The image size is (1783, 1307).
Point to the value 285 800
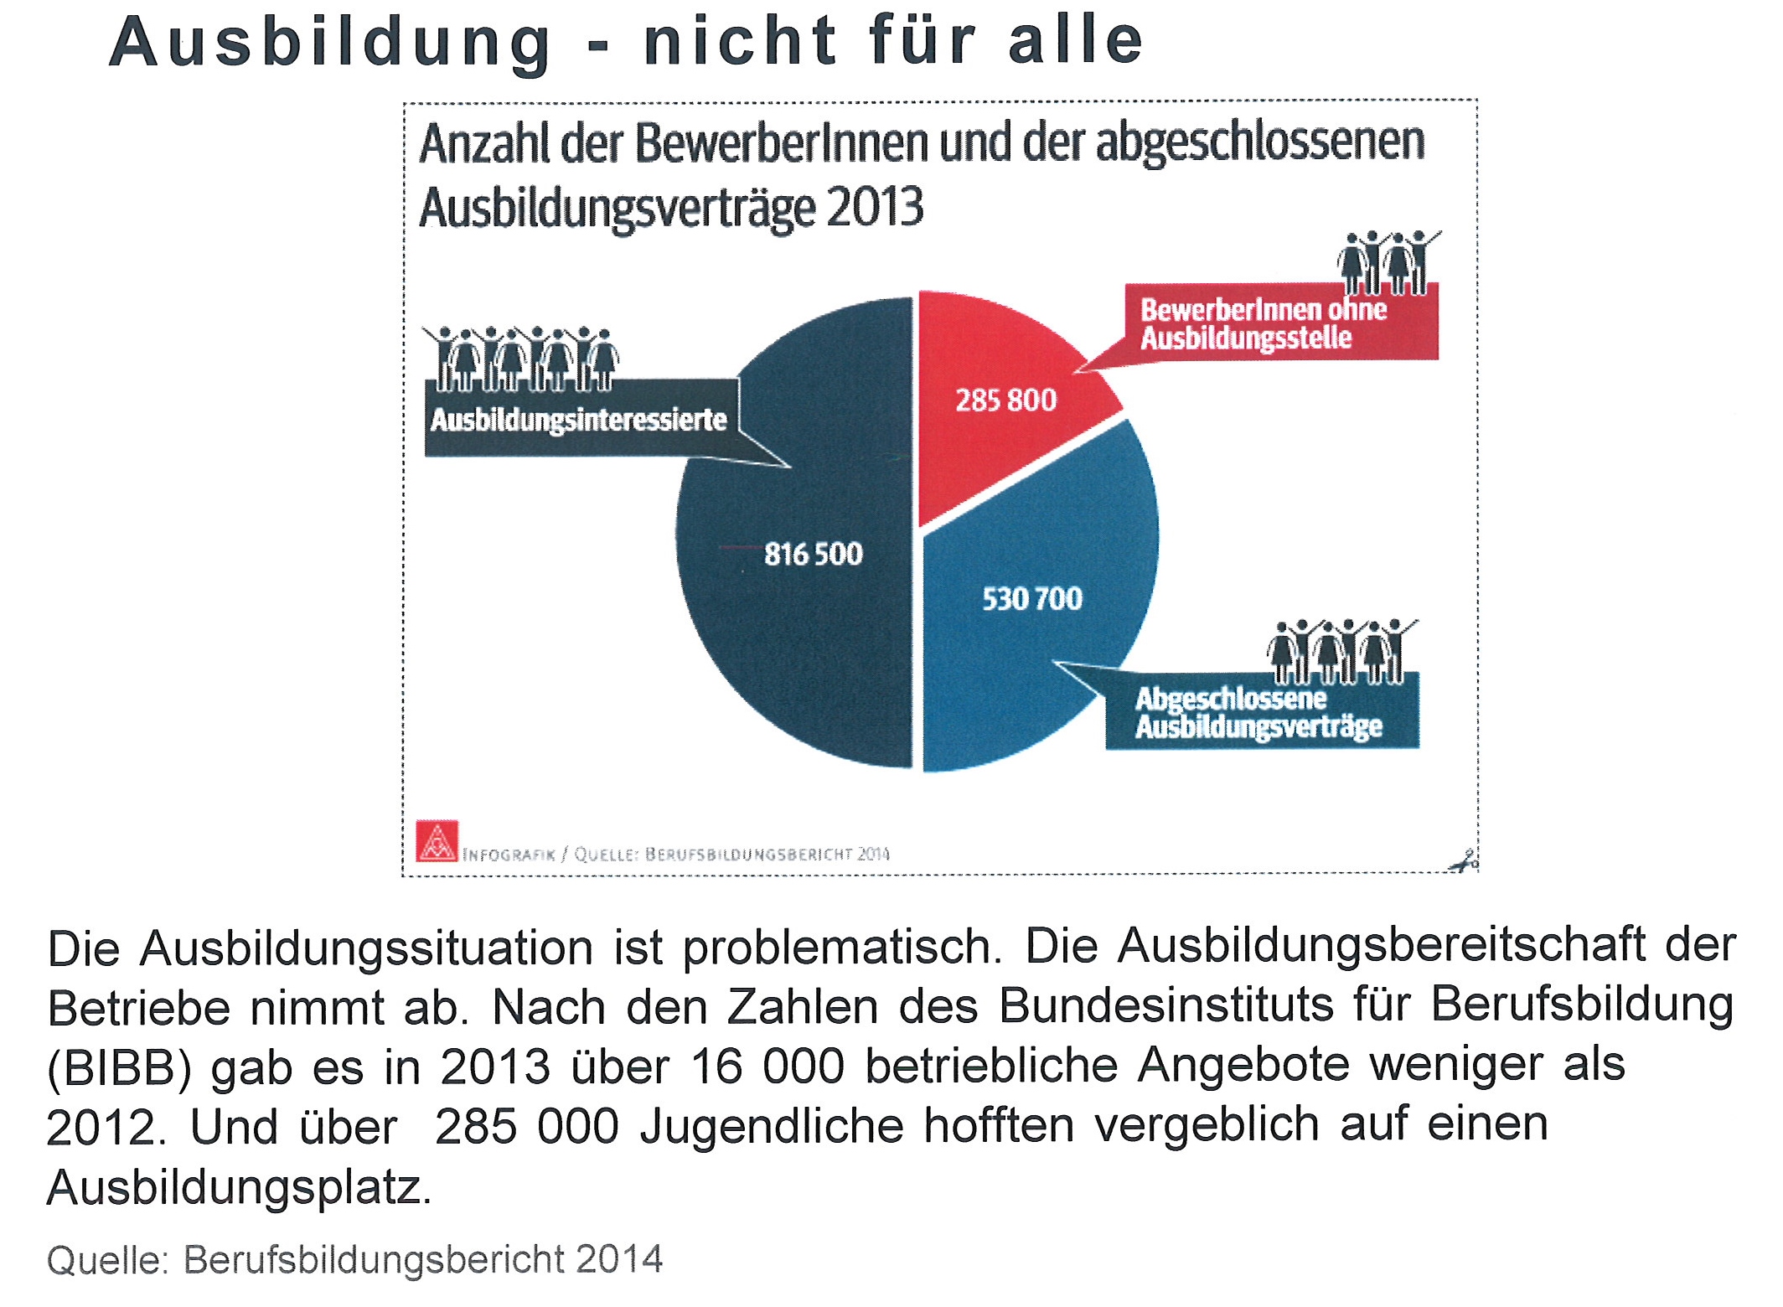pos(1005,400)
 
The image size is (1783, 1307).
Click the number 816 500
pos(813,555)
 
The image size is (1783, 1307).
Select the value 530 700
pos(1032,599)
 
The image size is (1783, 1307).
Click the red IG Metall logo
pos(437,840)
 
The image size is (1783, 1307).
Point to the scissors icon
pos(1463,861)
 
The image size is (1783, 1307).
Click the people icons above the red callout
pos(1387,261)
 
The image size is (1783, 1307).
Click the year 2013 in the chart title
pos(875,208)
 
